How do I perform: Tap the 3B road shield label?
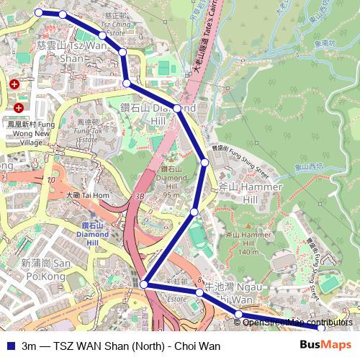point(140,195)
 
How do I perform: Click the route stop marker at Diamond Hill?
point(177,109)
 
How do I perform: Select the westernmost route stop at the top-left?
point(39,12)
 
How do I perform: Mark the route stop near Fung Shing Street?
point(205,163)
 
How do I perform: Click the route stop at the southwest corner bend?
point(144,284)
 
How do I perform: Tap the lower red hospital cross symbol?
point(19,108)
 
